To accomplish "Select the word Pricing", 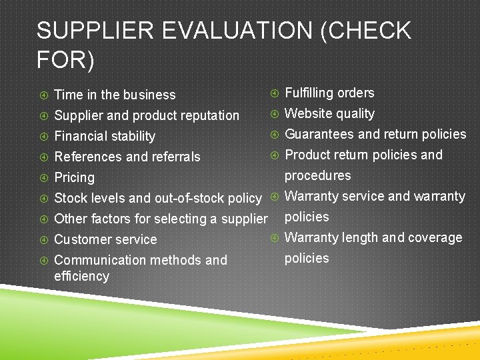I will [74, 178].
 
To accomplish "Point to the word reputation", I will [206, 116].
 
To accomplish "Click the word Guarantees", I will [319, 134].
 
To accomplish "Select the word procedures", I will [317, 175].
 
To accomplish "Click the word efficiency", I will [81, 276].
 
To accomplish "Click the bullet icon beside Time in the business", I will [43, 95].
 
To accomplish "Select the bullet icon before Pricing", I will [43, 177].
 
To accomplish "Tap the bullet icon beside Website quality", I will [274, 113].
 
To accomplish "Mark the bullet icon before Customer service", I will [43, 239].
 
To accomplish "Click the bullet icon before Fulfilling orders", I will [274, 93].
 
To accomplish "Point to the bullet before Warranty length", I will [274, 237].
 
